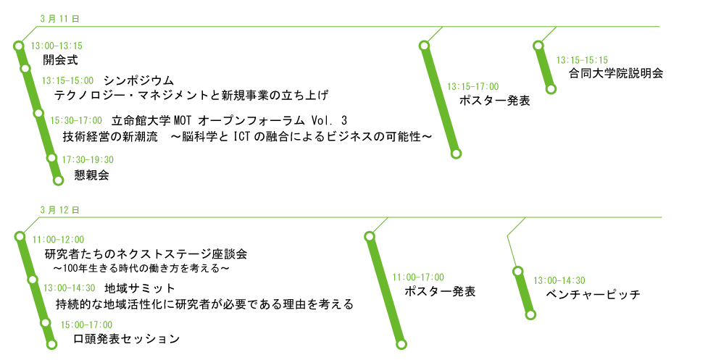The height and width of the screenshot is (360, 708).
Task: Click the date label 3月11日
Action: click(59, 17)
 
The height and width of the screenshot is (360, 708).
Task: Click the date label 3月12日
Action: click(59, 209)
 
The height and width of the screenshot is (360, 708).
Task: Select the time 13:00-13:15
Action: click(57, 46)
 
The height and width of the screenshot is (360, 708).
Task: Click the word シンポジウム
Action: click(138, 80)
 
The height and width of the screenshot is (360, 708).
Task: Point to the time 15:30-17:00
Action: click(76, 120)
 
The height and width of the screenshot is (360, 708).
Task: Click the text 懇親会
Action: click(91, 175)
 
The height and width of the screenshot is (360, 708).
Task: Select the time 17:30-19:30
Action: click(88, 159)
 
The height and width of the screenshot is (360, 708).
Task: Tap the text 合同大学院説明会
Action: click(616, 73)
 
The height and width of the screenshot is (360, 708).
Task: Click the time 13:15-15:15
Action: click(582, 60)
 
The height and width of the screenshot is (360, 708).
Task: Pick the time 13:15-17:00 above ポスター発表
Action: click(472, 86)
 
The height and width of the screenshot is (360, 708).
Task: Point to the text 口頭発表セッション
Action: click(126, 338)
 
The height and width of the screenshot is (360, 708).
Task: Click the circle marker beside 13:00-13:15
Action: click(19, 46)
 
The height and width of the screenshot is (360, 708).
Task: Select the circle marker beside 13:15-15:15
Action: click(538, 46)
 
